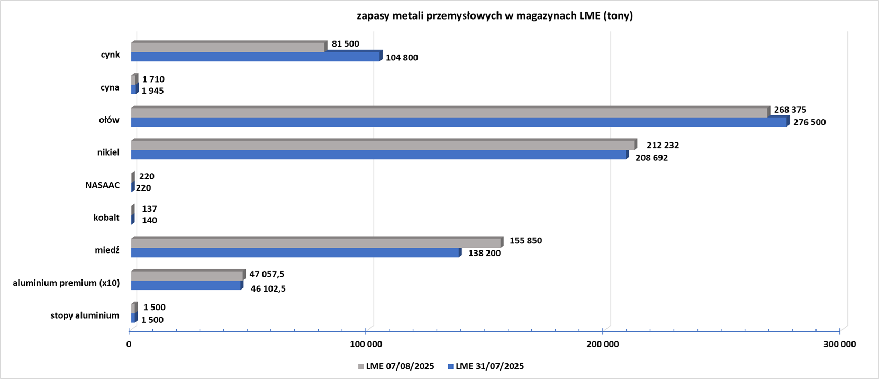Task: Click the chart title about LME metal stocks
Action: (494, 16)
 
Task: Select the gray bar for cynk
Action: (228, 48)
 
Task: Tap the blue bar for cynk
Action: (255, 57)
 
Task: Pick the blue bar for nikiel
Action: (378, 155)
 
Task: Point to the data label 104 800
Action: (402, 58)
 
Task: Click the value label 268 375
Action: (790, 110)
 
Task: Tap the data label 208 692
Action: (651, 158)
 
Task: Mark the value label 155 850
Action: (525, 241)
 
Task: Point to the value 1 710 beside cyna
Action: (153, 79)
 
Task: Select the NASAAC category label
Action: (103, 185)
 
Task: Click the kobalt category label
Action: (106, 218)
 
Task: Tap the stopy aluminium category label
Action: (85, 315)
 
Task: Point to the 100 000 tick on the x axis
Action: (366, 345)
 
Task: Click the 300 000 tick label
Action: (840, 345)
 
